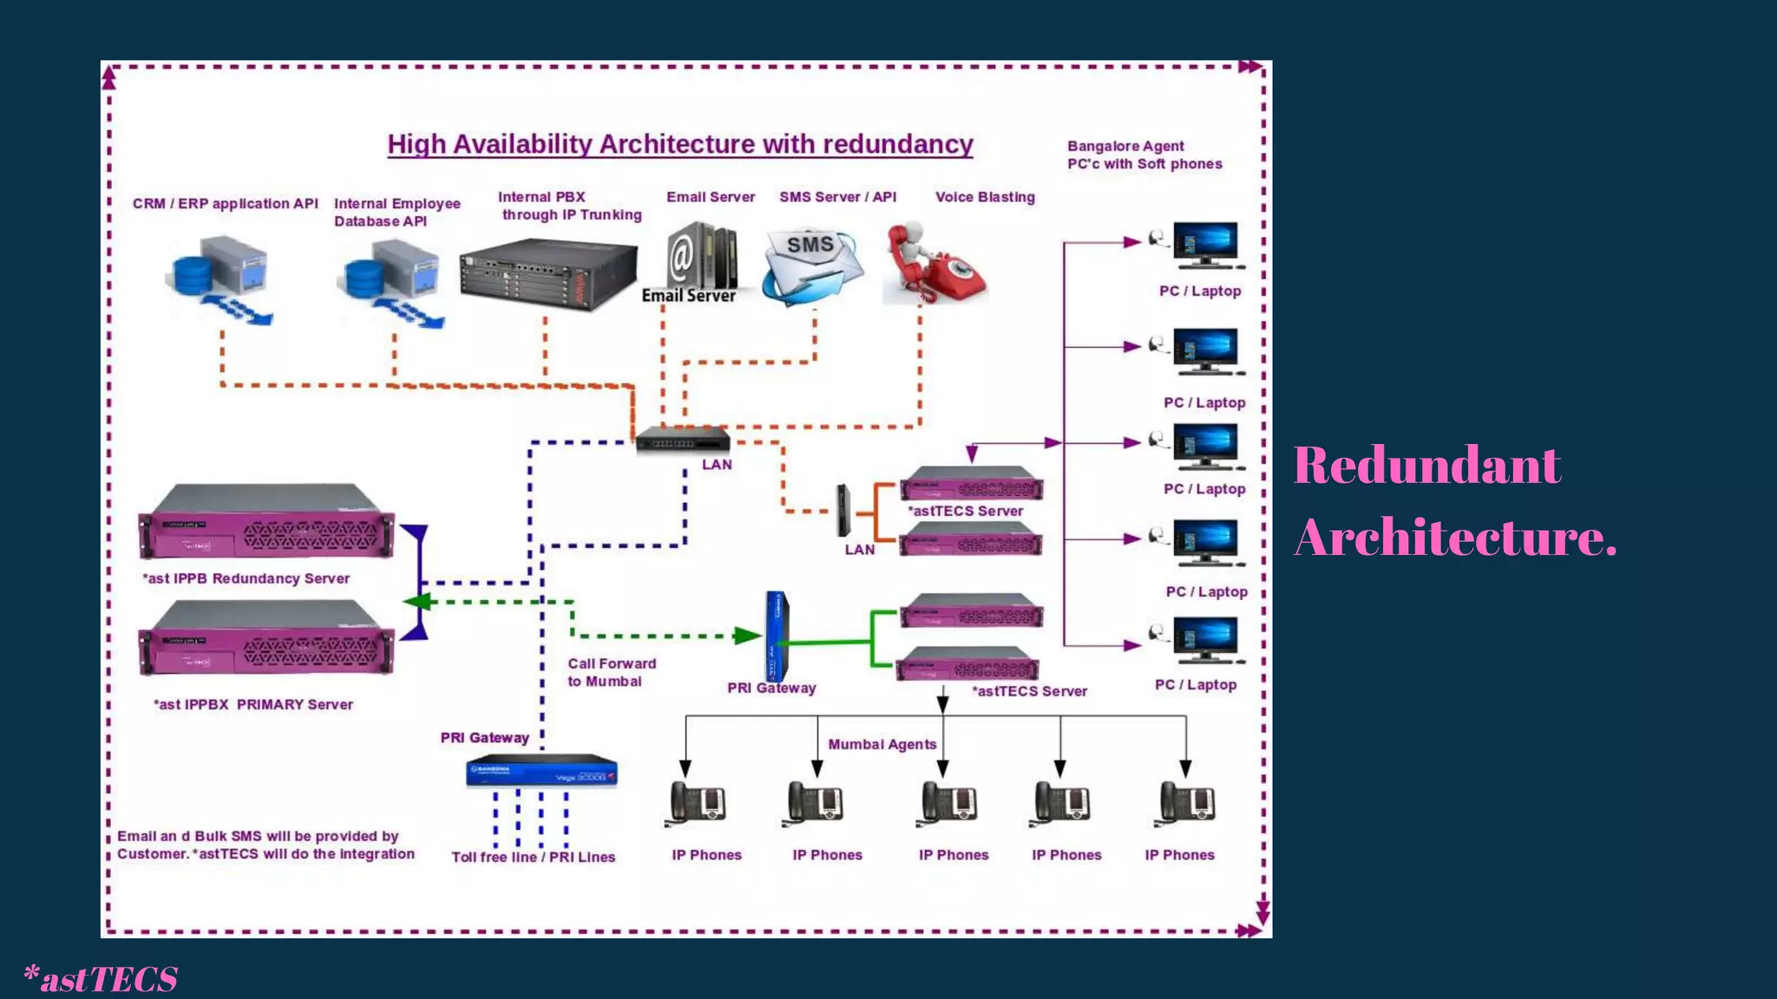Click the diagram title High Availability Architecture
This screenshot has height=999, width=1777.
(x=679, y=144)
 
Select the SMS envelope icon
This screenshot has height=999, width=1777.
(x=812, y=265)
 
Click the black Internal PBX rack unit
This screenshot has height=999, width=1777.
(x=548, y=275)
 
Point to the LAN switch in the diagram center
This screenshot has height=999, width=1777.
(x=682, y=441)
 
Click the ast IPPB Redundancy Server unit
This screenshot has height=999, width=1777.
(x=266, y=523)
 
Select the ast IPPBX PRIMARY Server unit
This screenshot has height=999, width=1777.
(x=266, y=640)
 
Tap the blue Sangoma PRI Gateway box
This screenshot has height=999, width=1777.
(x=541, y=771)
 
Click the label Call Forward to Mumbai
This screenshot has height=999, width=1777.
(x=611, y=672)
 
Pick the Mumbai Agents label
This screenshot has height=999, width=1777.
(x=882, y=744)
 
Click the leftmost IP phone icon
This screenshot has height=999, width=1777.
(x=698, y=803)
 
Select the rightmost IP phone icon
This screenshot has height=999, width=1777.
(x=1187, y=803)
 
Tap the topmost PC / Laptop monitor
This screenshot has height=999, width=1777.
(x=1205, y=245)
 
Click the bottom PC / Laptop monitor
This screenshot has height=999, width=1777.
(x=1205, y=640)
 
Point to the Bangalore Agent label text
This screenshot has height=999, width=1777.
(x=1144, y=155)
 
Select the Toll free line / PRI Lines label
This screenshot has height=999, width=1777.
(x=533, y=857)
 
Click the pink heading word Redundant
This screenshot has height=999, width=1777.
(x=1426, y=466)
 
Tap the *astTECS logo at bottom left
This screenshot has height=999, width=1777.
(x=102, y=979)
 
